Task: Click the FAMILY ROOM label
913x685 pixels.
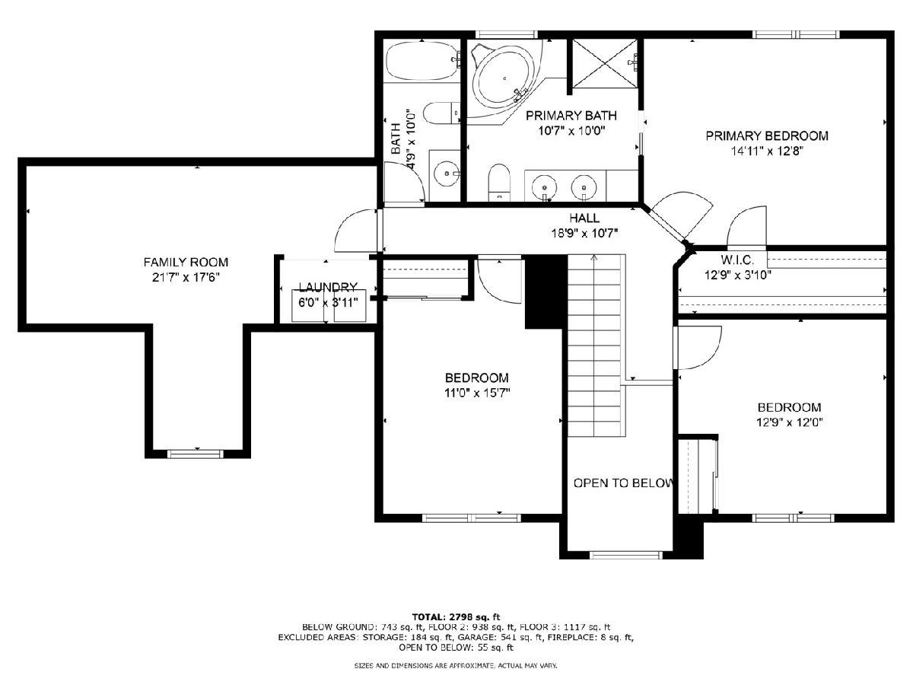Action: tap(186, 262)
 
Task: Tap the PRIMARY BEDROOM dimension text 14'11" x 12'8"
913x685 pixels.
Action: tap(767, 151)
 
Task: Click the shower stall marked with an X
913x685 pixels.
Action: tap(605, 64)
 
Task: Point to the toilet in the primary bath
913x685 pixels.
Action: tap(499, 182)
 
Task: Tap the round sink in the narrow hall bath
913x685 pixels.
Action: tap(447, 173)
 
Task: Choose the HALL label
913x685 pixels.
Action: tap(584, 218)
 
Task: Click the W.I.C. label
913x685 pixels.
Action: tap(737, 260)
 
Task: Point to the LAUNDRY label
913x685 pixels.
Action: tap(328, 287)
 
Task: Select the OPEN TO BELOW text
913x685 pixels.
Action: tap(622, 483)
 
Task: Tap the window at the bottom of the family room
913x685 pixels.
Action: tap(196, 454)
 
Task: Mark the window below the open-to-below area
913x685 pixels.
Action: tap(625, 555)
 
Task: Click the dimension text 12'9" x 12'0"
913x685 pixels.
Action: tap(789, 422)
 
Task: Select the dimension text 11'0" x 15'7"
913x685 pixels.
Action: tap(477, 393)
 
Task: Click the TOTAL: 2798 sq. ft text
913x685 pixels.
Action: tap(456, 616)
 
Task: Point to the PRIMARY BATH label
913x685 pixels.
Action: tap(571, 115)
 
